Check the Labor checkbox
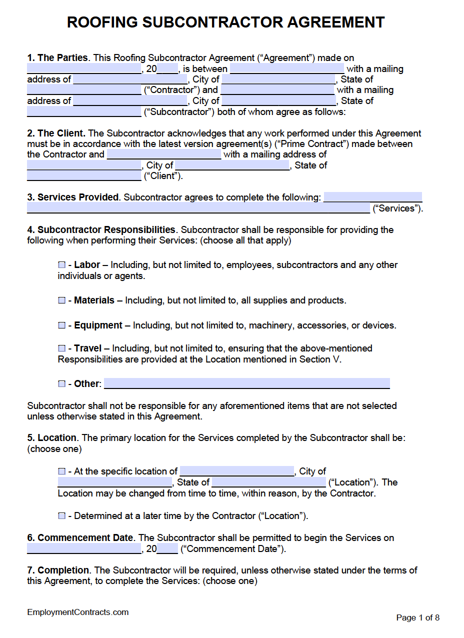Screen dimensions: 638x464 (61, 264)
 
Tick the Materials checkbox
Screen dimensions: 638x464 (61, 300)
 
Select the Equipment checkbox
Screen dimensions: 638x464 (61, 325)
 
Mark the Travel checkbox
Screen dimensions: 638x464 (61, 348)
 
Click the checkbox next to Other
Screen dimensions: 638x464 (61, 384)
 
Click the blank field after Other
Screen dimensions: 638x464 (246, 383)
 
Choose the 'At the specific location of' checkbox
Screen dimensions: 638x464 (61, 471)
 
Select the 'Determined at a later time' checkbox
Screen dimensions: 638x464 (61, 516)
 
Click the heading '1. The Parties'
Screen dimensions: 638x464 (57, 58)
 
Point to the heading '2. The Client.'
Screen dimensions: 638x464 (56, 133)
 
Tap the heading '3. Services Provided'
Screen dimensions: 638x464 (73, 197)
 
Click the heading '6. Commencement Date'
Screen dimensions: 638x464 (80, 538)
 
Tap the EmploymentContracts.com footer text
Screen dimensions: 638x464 (78, 612)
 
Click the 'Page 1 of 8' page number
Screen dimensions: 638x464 (417, 617)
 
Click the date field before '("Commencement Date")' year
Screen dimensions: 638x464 (84, 549)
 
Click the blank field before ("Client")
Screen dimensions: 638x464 (84, 176)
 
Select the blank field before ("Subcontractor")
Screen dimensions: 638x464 (84, 111)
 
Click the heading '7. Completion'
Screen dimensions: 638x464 (58, 570)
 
